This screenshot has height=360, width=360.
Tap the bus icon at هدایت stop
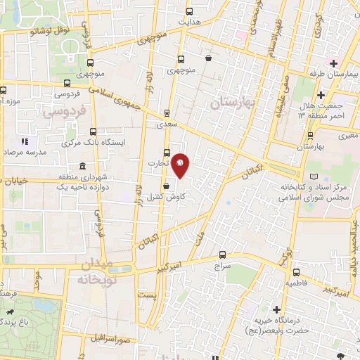[x=188, y=11]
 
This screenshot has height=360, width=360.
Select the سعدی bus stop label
[x=167, y=122]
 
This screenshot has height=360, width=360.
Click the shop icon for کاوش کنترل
[x=165, y=186]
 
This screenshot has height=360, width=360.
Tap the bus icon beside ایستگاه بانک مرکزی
[x=94, y=131]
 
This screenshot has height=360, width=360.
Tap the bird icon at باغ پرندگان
[x=10, y=311]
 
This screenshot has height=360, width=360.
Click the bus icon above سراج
[x=223, y=255]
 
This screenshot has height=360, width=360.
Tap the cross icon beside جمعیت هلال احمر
[x=321, y=94]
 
